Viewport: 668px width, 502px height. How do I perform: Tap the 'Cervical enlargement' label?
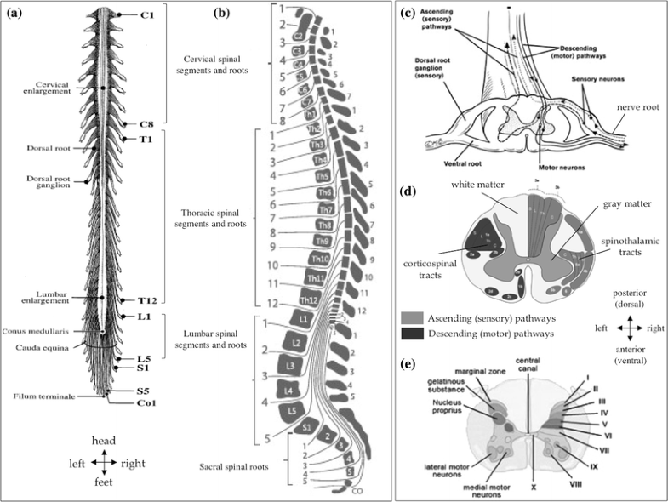pyautogui.click(x=59, y=89)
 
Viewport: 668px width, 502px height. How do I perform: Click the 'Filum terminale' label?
pyautogui.click(x=43, y=396)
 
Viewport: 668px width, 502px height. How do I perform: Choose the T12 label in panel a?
pyautogui.click(x=148, y=301)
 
